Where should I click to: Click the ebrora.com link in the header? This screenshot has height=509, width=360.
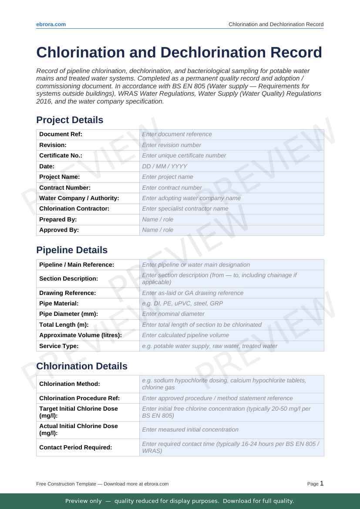[x=51, y=24]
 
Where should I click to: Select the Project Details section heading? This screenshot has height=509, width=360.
[x=70, y=120]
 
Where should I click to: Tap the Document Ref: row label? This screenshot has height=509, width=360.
[x=61, y=134]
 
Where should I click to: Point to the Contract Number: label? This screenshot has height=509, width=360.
[x=65, y=188]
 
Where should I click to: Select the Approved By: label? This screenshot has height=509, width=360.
[x=59, y=230]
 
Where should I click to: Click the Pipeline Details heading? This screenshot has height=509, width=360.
[x=71, y=250]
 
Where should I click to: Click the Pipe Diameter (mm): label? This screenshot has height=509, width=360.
[x=68, y=314]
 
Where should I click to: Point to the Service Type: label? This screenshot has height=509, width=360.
[x=59, y=346]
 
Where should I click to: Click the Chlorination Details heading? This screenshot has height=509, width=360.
[x=82, y=366]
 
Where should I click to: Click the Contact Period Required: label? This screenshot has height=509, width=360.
[x=75, y=447]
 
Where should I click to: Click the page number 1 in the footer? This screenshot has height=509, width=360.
[x=322, y=483]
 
